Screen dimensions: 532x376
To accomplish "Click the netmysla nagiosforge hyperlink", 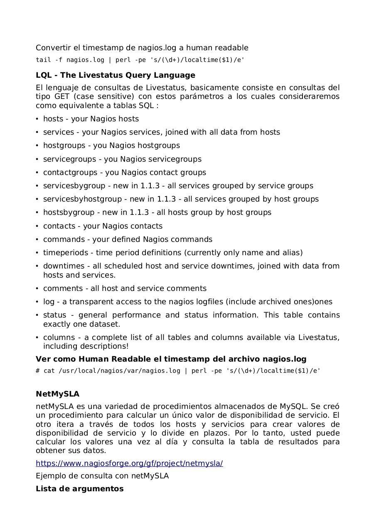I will click(x=129, y=463).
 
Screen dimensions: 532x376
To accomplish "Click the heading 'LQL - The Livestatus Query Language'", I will click(x=115, y=75).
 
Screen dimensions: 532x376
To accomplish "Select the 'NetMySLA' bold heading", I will click(x=57, y=394).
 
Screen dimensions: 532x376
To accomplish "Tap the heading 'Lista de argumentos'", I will click(x=79, y=489).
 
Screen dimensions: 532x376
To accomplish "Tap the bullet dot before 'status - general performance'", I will click(x=37, y=315).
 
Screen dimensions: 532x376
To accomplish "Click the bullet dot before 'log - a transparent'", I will click(x=37, y=302).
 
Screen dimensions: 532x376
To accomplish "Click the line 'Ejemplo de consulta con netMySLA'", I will click(x=102, y=476).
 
